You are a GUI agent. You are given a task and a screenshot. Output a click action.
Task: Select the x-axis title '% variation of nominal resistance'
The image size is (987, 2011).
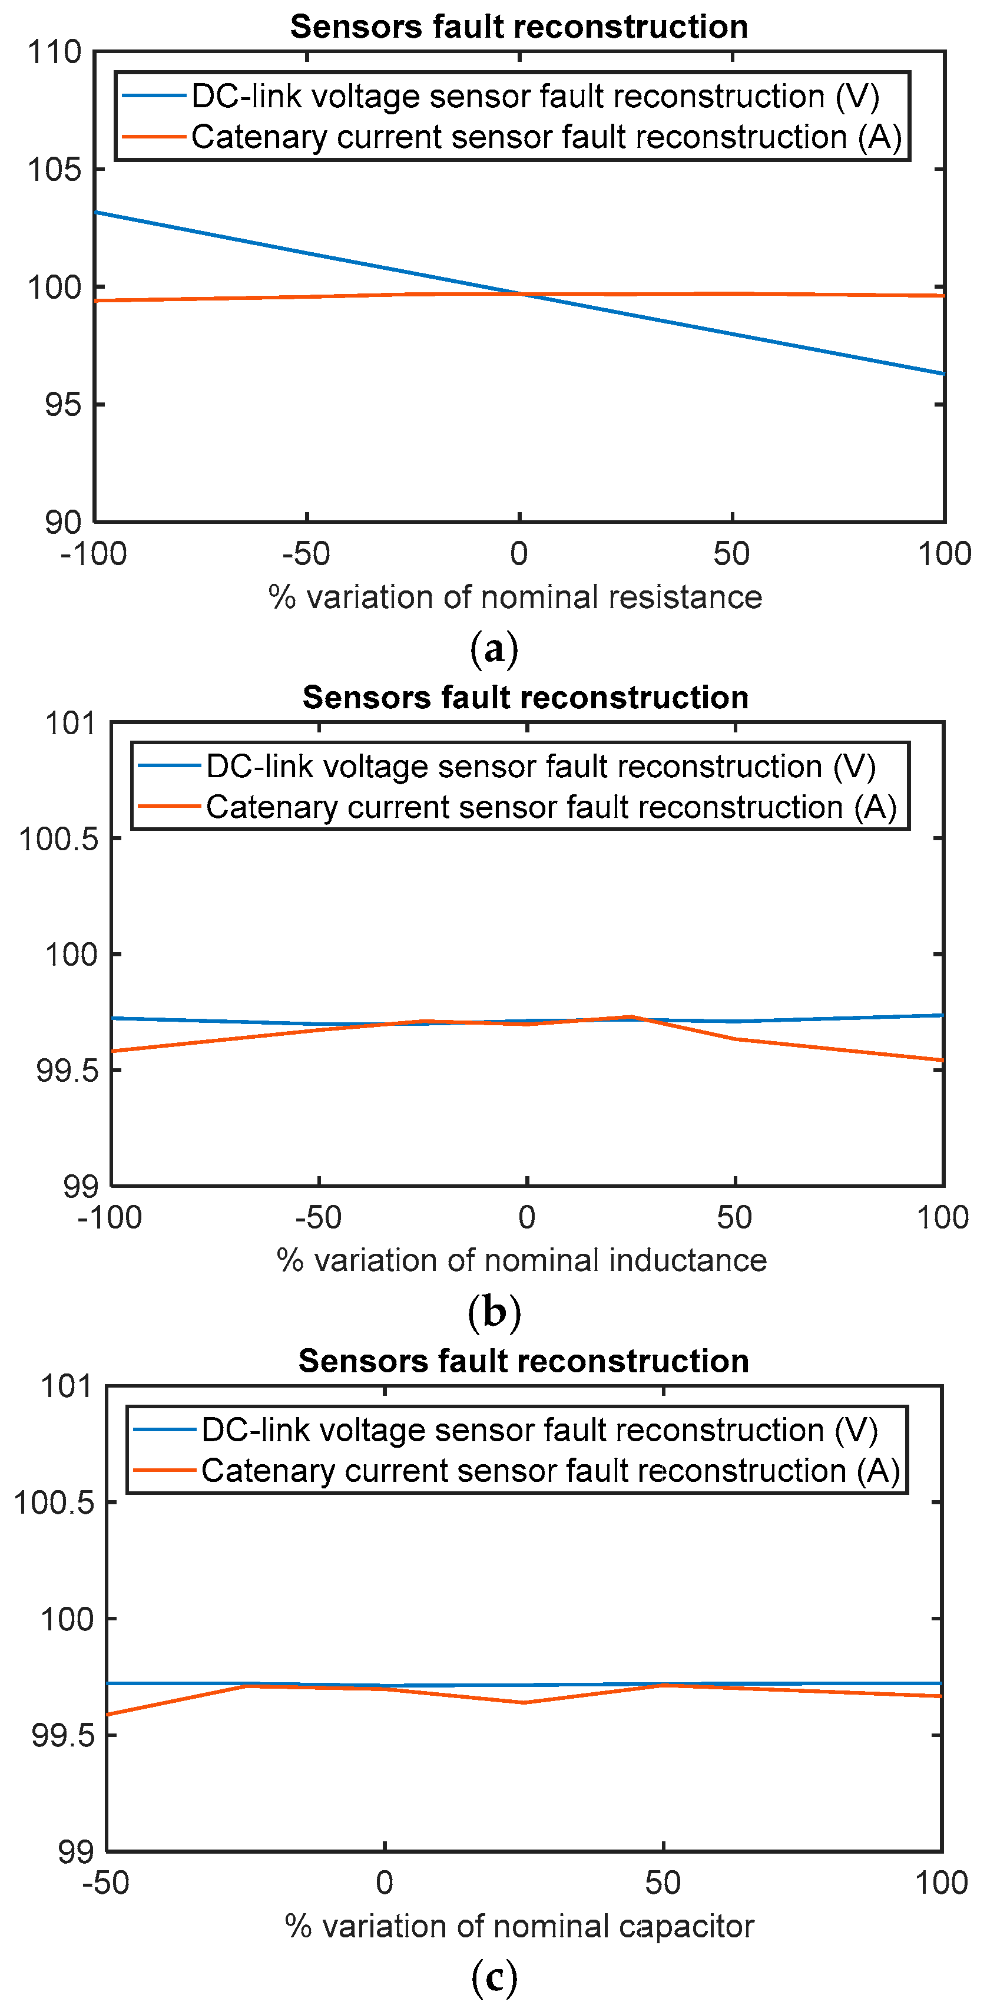click(x=515, y=597)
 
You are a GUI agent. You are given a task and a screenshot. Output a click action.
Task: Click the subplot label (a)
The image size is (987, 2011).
click(x=494, y=649)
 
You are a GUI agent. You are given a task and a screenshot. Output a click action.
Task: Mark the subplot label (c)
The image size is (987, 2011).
click(x=494, y=1977)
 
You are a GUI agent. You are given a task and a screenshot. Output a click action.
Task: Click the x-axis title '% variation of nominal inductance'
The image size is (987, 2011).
click(x=521, y=1260)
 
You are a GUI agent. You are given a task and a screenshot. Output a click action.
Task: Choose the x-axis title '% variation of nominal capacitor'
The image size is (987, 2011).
click(x=519, y=1926)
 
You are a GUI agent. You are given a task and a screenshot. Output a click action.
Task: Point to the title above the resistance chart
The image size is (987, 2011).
click(x=519, y=27)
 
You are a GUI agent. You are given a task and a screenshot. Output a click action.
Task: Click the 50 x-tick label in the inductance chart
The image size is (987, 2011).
click(x=734, y=1217)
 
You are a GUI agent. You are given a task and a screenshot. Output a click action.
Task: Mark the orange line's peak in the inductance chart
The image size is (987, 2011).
click(x=632, y=1016)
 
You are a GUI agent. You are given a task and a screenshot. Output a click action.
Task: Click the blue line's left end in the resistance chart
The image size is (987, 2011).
click(x=96, y=212)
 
